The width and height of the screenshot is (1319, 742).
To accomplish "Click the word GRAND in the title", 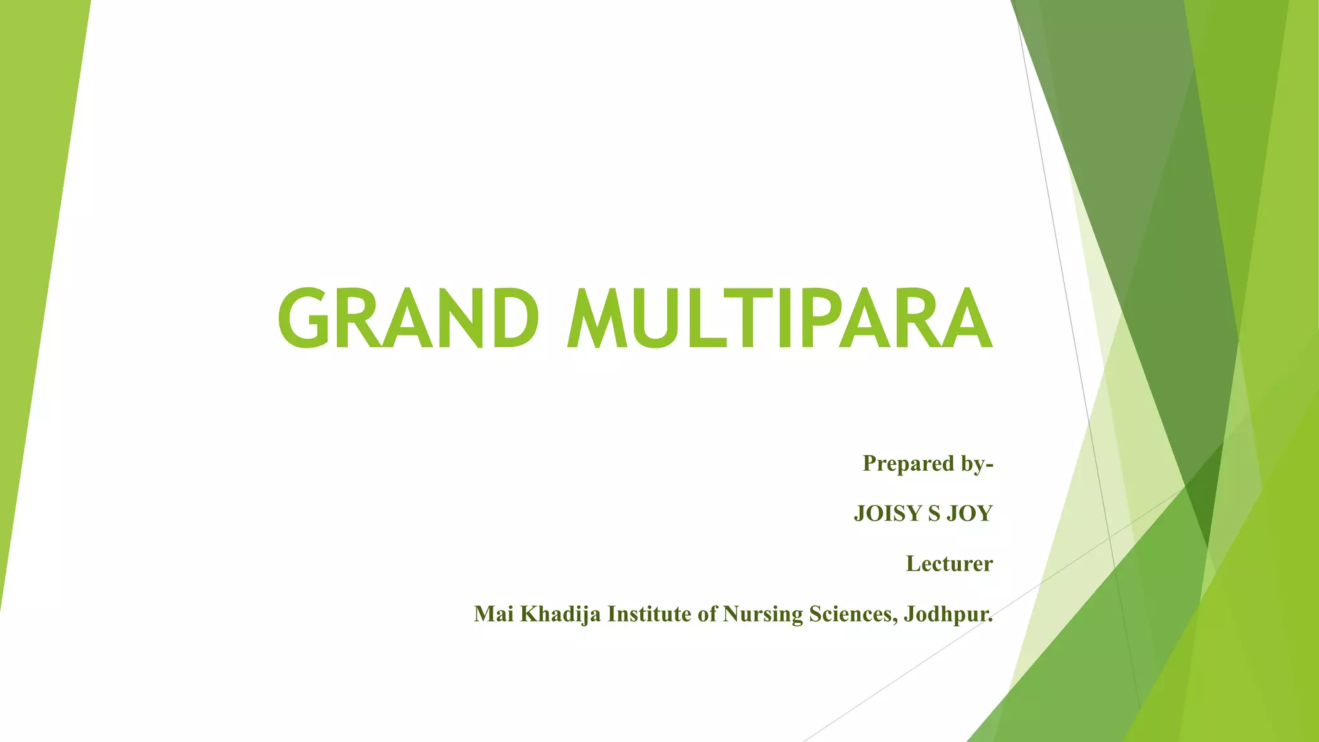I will pos(408,318).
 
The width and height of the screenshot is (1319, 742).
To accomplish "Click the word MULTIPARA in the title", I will pos(780,318).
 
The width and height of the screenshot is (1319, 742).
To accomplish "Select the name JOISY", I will pos(888,513).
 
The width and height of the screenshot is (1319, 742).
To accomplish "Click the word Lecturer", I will pos(949,564).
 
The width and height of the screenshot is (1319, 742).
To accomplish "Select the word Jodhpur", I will pos(947,614).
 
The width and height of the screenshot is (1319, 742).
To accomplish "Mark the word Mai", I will pos(493,614).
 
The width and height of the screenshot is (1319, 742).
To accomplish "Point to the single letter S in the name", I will pos(934,513).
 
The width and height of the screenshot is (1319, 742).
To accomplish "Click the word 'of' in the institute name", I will pos(707,614).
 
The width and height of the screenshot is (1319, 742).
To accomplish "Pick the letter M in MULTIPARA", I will pos(595,318).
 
